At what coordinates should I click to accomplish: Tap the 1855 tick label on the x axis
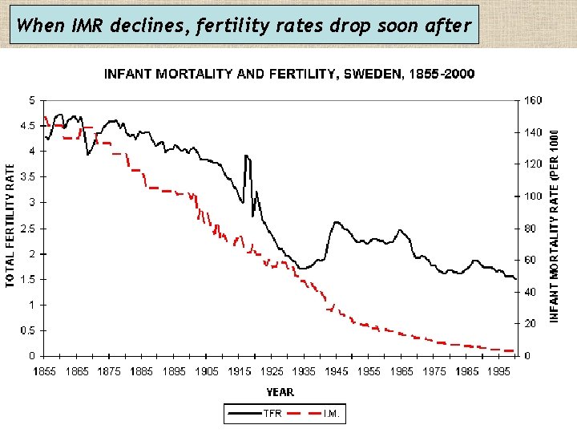click(x=44, y=371)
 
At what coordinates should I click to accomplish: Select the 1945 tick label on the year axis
click(x=337, y=371)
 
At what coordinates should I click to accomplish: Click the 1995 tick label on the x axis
click(x=498, y=371)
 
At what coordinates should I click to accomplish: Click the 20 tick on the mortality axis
click(x=529, y=324)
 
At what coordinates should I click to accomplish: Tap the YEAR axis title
click(x=280, y=392)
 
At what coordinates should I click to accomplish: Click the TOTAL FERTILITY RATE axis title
click(x=10, y=226)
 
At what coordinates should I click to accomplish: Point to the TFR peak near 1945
click(x=337, y=222)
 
